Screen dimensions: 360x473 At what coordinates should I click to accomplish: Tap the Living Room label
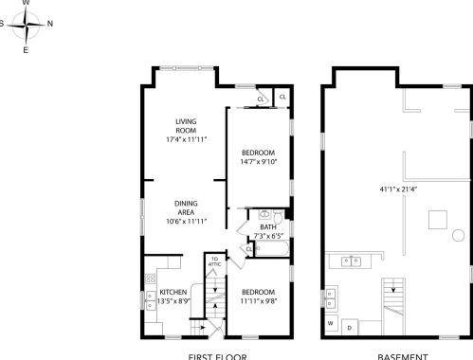click(186, 126)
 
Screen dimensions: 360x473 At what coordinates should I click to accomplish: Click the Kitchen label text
click(173, 291)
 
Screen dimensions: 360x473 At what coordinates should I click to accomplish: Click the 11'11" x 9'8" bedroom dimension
click(257, 300)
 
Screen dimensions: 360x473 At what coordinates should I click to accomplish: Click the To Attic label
click(215, 261)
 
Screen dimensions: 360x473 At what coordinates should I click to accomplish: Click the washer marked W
click(331, 324)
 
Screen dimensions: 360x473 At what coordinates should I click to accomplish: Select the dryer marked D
click(349, 328)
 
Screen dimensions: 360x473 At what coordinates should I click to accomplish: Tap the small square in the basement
click(437, 220)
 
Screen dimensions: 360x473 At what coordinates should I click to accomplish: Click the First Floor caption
click(218, 356)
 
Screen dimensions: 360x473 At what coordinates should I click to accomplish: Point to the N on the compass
click(50, 25)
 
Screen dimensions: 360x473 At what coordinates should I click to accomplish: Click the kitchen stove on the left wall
click(149, 279)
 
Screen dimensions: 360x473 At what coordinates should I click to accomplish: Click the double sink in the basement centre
click(354, 261)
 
